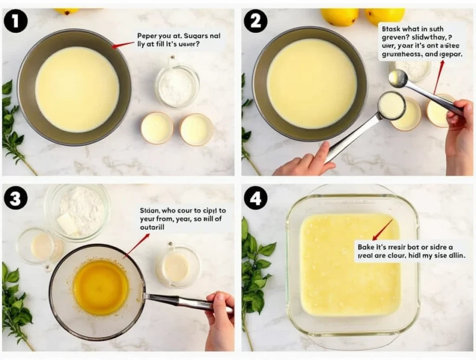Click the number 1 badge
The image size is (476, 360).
point(15,21)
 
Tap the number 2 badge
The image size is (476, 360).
point(256,21)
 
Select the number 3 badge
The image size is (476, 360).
point(15,199)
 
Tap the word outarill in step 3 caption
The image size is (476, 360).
point(152,228)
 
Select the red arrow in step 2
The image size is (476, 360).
point(438,77)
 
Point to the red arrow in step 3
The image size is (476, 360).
point(136,246)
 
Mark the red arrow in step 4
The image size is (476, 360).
point(382,230)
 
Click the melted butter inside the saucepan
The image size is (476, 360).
point(100,287)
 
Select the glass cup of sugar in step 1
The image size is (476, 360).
point(177,85)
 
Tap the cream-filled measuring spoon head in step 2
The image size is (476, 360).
point(391,106)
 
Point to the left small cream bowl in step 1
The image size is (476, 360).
point(157,128)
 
